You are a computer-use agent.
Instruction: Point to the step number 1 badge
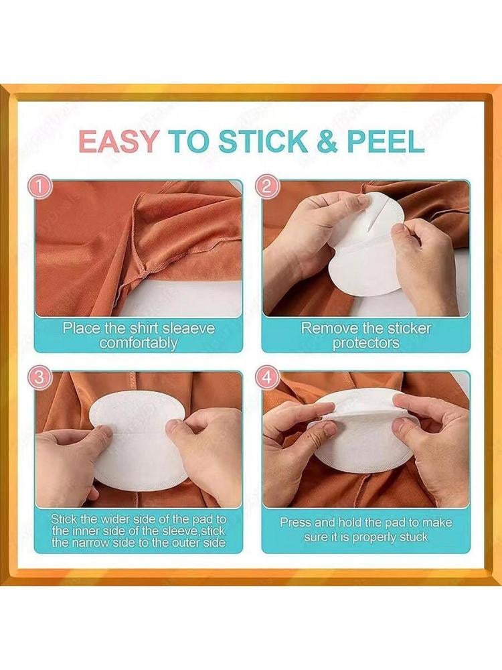39,186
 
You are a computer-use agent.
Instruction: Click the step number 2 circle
266,186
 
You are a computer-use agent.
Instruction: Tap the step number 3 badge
39,377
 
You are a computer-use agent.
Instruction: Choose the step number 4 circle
266,377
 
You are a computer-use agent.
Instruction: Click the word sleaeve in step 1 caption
187,328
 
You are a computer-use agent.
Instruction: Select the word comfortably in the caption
139,342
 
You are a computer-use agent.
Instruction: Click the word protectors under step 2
366,342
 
